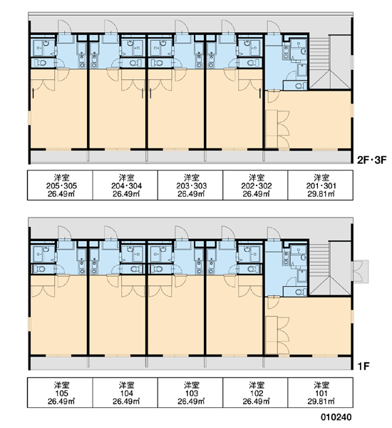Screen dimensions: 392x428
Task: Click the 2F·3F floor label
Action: coord(372,160)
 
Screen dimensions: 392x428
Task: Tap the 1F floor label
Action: coord(363,366)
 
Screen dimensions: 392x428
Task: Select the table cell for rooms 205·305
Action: coord(60,185)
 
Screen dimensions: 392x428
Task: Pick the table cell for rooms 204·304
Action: coord(125,185)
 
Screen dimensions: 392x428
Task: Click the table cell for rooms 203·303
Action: coord(190,185)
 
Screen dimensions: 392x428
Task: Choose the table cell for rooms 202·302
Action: coord(255,185)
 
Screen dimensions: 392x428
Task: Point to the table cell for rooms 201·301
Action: coord(321,185)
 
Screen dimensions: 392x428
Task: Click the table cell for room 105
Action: coord(60,393)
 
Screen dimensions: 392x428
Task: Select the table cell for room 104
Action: coord(125,393)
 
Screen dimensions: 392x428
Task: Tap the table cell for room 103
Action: coord(190,393)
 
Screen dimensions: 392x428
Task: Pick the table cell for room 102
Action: coord(255,393)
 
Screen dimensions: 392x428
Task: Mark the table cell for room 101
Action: coord(321,393)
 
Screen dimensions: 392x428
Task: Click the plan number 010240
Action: coord(336,417)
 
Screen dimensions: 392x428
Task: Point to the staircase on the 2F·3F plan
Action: coord(329,62)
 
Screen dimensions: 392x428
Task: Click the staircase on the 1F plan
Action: coord(329,269)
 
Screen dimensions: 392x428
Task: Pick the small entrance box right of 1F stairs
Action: coord(360,271)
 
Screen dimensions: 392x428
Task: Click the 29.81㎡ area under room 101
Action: coord(321,401)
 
